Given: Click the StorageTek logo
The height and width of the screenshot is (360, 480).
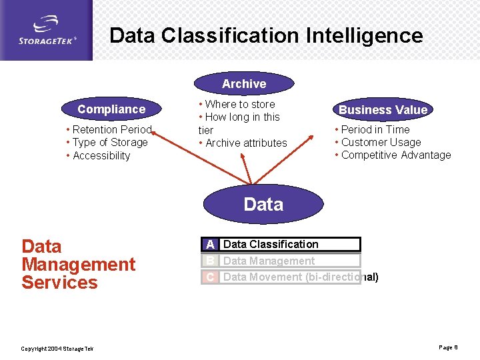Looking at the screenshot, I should [x=47, y=30].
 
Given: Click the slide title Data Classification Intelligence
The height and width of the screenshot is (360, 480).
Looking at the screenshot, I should [x=266, y=35].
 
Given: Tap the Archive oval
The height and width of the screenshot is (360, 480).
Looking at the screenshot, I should [x=244, y=84].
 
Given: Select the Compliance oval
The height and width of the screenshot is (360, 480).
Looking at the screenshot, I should [x=111, y=109].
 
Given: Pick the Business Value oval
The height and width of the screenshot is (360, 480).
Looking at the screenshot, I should [x=383, y=110].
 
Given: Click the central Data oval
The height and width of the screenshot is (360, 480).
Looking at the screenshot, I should [x=263, y=204].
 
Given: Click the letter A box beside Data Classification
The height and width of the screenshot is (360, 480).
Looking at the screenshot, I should [x=211, y=245].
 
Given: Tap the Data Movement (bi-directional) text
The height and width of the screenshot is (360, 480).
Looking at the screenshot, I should [x=301, y=277].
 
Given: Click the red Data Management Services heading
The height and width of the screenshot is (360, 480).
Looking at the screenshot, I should [x=78, y=264].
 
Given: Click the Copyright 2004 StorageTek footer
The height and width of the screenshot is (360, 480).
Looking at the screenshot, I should [x=57, y=349].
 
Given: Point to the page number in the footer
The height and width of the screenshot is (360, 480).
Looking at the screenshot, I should [x=448, y=347].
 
